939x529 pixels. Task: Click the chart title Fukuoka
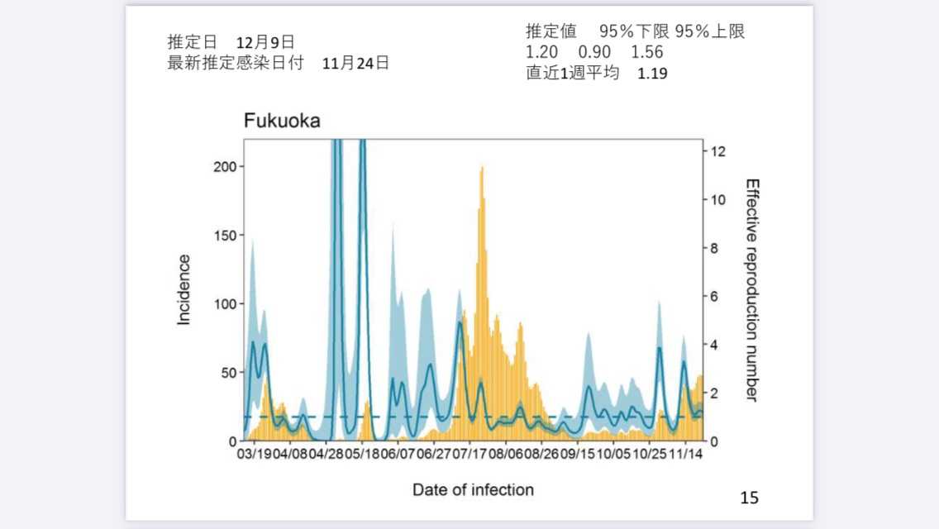point(281,122)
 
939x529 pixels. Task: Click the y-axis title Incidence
point(184,289)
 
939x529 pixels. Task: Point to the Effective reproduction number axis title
point(751,289)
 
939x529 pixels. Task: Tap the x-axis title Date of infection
point(473,489)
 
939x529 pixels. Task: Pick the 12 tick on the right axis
point(717,151)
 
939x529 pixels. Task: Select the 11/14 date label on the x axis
point(685,454)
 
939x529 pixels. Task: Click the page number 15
point(749,498)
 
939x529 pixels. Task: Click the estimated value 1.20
point(541,52)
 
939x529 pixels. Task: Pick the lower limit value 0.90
point(594,52)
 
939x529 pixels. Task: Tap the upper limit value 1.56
point(646,52)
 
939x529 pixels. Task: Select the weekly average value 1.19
point(652,73)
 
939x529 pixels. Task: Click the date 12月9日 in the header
point(265,42)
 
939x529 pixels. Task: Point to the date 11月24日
point(355,63)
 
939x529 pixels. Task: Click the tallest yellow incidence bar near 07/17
point(482,169)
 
